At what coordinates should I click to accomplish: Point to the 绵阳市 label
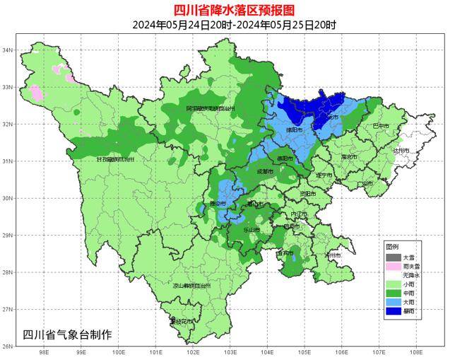click(x=294, y=131)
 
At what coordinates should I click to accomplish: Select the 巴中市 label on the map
click(x=380, y=125)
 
